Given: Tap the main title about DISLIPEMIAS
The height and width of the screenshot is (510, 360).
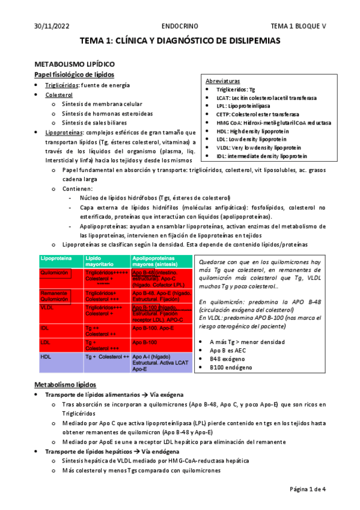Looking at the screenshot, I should pyautogui.click(x=180, y=40).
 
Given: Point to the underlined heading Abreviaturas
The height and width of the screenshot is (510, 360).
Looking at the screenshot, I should pyautogui.click(x=223, y=80).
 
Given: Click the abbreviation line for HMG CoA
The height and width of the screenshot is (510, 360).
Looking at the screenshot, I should pyautogui.click(x=273, y=122).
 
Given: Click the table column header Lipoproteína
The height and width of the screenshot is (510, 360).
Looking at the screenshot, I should pyautogui.click(x=56, y=258).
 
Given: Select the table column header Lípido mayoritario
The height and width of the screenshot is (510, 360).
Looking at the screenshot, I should pyautogui.click(x=99, y=261).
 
